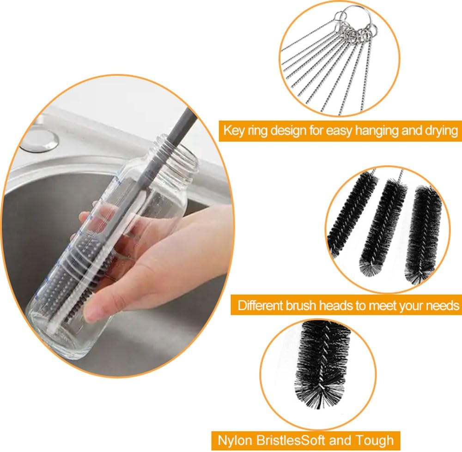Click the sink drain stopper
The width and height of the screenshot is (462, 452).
tap(39, 139)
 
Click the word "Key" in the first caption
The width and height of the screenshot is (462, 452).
tap(233, 130)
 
